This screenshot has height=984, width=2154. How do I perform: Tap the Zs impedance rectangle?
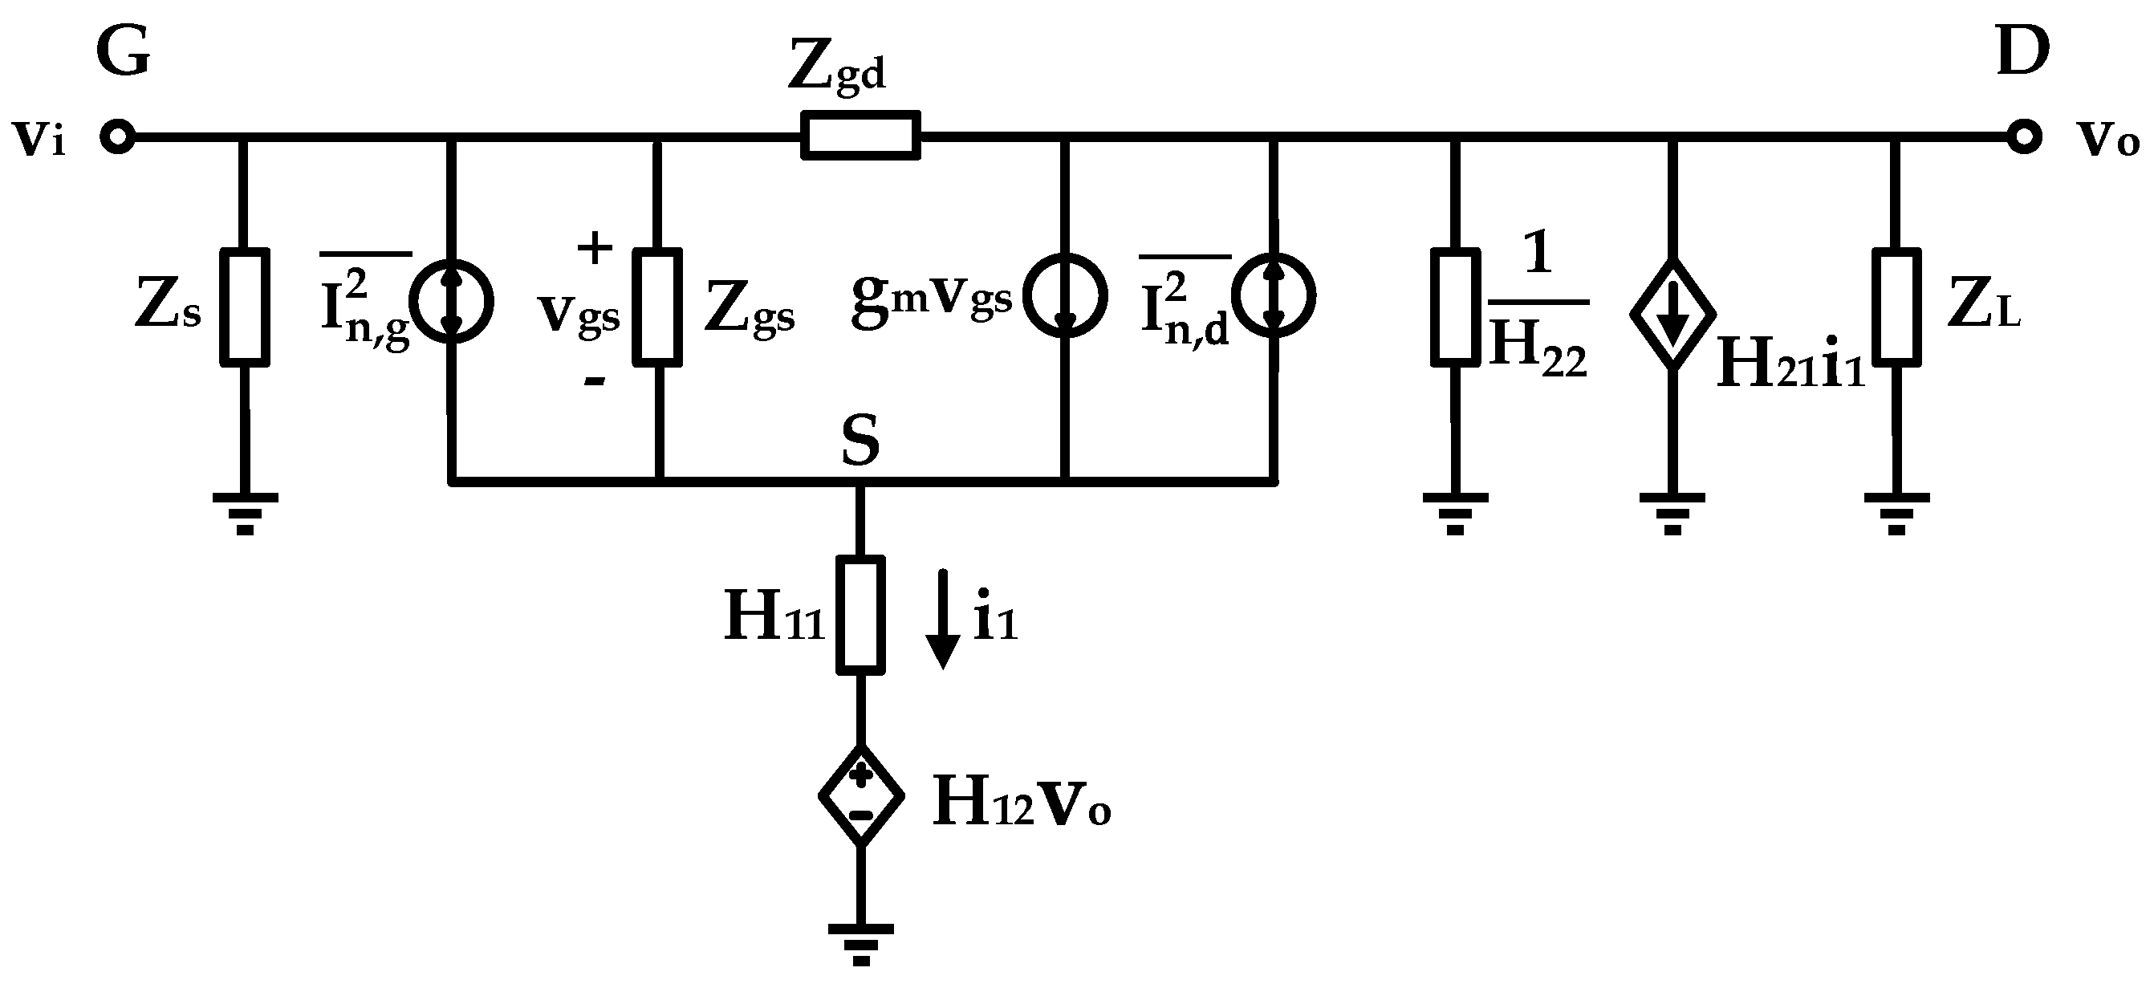[244, 307]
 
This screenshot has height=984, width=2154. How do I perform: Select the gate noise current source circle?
[452, 301]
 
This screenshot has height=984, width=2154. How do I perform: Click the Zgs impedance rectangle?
[657, 307]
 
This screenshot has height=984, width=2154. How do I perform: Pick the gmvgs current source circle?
[1065, 295]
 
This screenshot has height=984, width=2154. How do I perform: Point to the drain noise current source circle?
[1274, 295]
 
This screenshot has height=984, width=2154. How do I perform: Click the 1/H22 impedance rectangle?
[1455, 307]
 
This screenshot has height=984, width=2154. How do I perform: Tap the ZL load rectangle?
[1896, 307]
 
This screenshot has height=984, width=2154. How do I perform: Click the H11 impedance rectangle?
[860, 614]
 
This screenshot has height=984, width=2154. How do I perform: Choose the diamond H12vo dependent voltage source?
[860, 795]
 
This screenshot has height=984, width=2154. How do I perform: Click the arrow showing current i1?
[943, 619]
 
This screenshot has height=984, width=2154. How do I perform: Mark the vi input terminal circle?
[117, 136]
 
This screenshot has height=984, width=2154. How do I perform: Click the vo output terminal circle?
[2023, 136]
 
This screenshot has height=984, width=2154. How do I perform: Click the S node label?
[860, 441]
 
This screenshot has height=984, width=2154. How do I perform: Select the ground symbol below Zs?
[244, 513]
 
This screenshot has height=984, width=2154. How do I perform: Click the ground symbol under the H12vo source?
[860, 943]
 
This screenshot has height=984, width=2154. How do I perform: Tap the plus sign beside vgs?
[595, 247]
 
